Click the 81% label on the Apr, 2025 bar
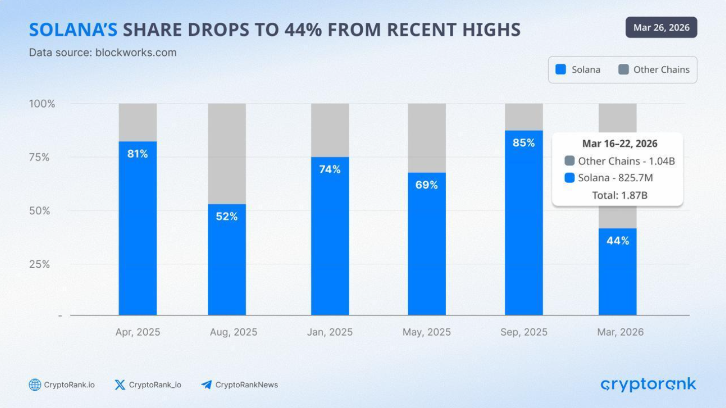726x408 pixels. click(x=138, y=154)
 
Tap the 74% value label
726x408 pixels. click(x=330, y=170)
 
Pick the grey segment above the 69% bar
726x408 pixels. click(x=426, y=138)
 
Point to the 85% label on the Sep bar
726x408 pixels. click(x=524, y=143)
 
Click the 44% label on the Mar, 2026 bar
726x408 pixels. click(x=618, y=241)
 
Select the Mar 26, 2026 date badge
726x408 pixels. click(x=661, y=27)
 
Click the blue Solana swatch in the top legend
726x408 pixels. click(x=561, y=70)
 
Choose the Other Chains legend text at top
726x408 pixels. click(x=661, y=70)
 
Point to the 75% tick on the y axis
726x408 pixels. click(x=38, y=157)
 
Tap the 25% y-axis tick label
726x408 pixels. click(x=38, y=264)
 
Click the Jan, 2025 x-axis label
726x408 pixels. click(x=330, y=333)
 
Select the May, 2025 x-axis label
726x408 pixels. click(x=426, y=333)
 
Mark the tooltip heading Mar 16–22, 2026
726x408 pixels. click(x=620, y=144)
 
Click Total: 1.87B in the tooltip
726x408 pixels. click(x=620, y=195)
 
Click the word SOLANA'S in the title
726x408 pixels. click(x=73, y=30)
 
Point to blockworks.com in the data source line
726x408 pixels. click(x=136, y=53)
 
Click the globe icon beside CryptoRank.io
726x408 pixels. click(x=35, y=385)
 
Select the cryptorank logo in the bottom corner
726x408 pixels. click(x=648, y=384)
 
